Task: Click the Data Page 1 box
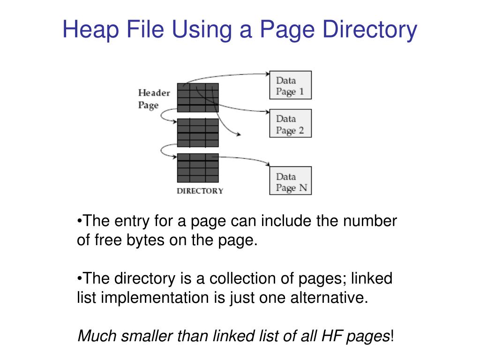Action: point(290,85)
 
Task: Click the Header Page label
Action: point(154,98)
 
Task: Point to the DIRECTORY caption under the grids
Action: point(200,191)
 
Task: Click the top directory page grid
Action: point(198,97)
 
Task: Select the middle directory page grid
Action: point(198,133)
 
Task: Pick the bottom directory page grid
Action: point(198,168)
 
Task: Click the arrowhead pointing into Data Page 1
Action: point(267,73)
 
